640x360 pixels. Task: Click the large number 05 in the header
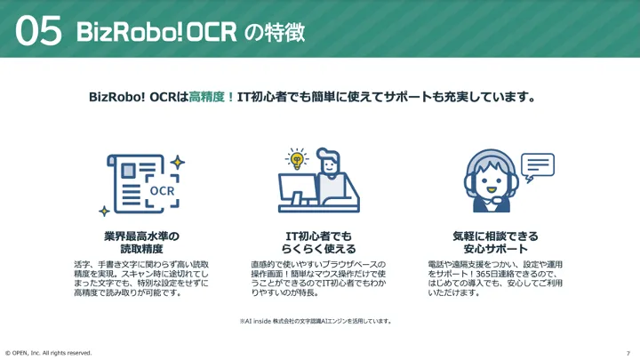click(x=39, y=30)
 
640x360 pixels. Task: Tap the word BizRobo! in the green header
click(x=130, y=32)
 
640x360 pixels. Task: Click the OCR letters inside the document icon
click(x=162, y=190)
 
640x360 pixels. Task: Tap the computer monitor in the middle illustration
click(x=298, y=189)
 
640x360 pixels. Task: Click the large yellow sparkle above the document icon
click(x=178, y=163)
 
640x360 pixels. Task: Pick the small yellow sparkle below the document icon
click(x=105, y=211)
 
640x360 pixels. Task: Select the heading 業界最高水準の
click(x=141, y=236)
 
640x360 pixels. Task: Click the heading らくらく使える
click(x=319, y=249)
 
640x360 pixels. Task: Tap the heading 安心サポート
click(x=495, y=249)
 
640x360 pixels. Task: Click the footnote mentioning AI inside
click(x=316, y=321)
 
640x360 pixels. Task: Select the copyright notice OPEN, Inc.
click(x=49, y=353)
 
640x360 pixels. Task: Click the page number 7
click(x=628, y=354)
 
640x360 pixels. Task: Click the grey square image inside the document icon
click(x=128, y=171)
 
